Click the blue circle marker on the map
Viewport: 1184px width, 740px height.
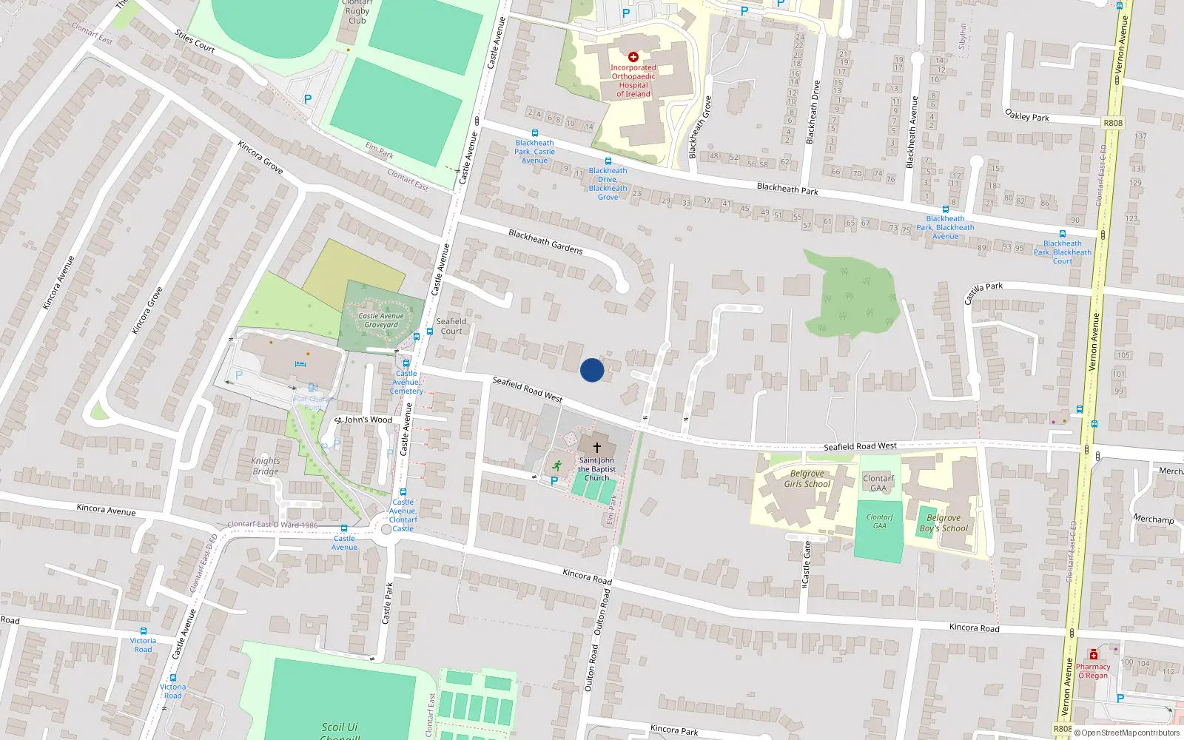pyautogui.click(x=592, y=370)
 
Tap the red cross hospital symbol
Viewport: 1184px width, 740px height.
pyautogui.click(x=633, y=57)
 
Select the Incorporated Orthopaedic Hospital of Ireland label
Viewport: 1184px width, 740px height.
pyautogui.click(x=633, y=81)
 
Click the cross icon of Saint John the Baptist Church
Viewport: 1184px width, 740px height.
pyautogui.click(x=597, y=448)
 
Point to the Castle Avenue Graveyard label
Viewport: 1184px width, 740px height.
pyautogui.click(x=381, y=320)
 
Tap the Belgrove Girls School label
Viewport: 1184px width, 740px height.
pyautogui.click(x=807, y=479)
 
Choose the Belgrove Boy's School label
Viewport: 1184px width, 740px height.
pyautogui.click(x=943, y=523)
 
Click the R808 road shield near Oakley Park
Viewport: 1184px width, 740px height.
pyautogui.click(x=1112, y=124)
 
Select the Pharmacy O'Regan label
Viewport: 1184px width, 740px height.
pyautogui.click(x=1093, y=671)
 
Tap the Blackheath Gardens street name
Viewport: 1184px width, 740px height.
pyautogui.click(x=545, y=242)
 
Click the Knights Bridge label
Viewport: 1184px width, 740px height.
pyautogui.click(x=266, y=466)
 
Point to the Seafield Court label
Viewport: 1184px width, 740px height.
pyautogui.click(x=451, y=326)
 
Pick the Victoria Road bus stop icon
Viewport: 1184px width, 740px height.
pyautogui.click(x=143, y=632)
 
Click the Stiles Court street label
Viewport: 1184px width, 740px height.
pyautogui.click(x=195, y=41)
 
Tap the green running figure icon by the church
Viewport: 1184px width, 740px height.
pyautogui.click(x=556, y=465)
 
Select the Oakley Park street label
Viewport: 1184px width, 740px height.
pyautogui.click(x=1027, y=115)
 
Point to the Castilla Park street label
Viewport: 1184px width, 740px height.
pyautogui.click(x=983, y=293)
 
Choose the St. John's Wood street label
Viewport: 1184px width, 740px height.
pyautogui.click(x=363, y=420)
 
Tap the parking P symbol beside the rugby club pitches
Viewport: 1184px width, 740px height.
pyautogui.click(x=308, y=99)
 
